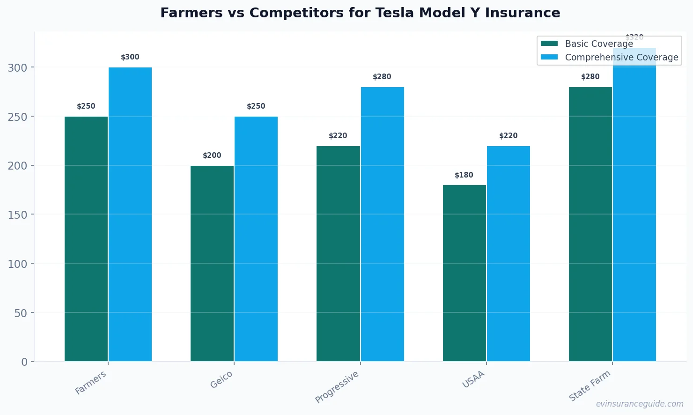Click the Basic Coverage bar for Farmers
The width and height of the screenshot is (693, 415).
86,239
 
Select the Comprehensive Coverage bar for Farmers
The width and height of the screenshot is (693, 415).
130,214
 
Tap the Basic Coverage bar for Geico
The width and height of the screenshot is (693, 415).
212,263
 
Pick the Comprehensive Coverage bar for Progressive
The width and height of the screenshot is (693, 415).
382,224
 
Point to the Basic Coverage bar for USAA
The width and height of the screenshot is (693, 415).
464,273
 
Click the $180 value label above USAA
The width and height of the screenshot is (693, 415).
464,175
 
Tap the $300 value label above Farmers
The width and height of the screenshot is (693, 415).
130,57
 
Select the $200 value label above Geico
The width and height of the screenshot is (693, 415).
212,156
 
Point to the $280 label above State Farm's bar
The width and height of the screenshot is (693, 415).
590,77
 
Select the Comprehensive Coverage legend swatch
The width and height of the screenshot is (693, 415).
549,57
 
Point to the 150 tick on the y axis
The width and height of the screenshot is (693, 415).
17,215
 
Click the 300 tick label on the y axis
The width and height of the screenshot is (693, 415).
17,67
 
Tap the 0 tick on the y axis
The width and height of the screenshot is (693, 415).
24,362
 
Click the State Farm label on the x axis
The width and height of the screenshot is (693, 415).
590,385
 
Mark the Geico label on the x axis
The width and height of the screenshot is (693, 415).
221,379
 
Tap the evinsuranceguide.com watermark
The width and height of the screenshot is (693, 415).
639,404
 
